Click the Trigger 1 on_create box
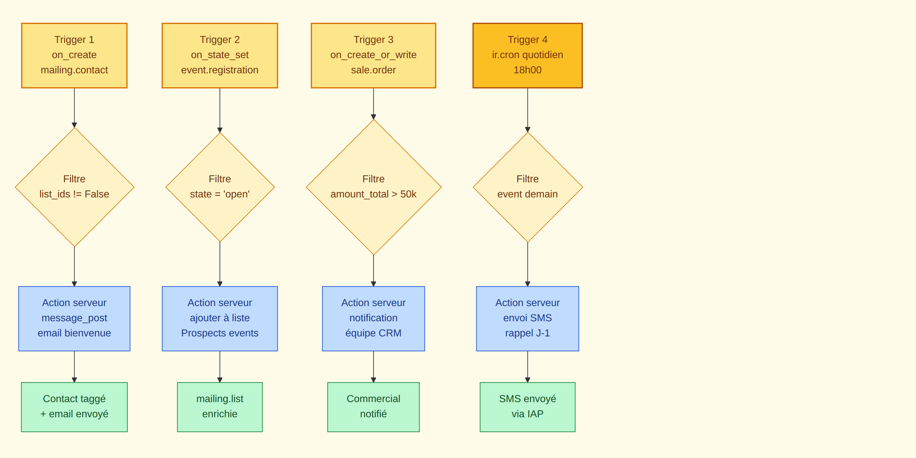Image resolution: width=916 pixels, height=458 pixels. point(74,55)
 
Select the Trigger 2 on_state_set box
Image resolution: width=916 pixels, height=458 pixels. point(219,55)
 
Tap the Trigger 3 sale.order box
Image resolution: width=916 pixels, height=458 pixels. point(373,55)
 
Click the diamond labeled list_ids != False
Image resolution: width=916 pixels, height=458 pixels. point(74,187)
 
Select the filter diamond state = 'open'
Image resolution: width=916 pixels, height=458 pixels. point(219,187)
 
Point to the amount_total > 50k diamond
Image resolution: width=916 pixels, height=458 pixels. point(373,187)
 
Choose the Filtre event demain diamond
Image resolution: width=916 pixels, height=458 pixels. point(527,187)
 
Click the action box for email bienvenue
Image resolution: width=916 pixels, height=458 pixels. point(74,319)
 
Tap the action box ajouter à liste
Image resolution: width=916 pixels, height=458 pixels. point(219,319)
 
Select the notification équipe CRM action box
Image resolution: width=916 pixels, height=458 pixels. point(373,319)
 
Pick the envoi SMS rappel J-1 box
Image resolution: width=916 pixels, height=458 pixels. point(527,319)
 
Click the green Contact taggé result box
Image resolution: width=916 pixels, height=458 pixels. point(74,407)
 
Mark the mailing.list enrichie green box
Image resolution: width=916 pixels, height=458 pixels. point(219,407)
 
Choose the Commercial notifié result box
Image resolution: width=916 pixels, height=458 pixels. point(373,407)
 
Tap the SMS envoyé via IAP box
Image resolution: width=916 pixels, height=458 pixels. point(527,407)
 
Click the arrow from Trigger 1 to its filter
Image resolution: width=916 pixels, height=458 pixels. point(74,107)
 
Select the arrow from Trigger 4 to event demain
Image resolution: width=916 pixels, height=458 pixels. point(527,110)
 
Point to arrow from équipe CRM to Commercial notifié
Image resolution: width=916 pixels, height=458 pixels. point(373,366)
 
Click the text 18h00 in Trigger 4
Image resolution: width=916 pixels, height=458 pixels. point(527,70)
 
